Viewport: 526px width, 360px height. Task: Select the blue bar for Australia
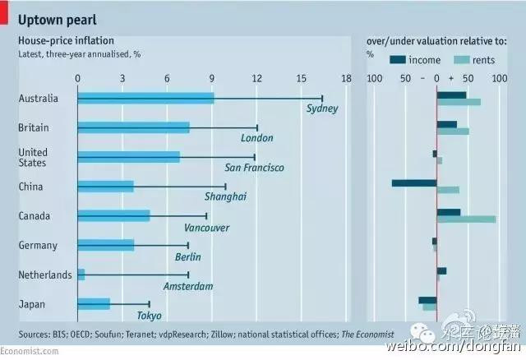point(145,99)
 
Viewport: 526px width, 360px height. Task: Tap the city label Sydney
point(321,108)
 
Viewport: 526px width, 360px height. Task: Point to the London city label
point(256,138)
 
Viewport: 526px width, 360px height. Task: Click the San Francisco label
point(254,168)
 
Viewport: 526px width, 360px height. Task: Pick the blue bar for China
point(105,187)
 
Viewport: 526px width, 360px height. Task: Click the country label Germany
point(38,246)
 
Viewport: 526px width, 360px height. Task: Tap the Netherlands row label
point(45,275)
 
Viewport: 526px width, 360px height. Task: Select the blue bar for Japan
point(93,304)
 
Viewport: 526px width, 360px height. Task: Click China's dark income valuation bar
point(413,182)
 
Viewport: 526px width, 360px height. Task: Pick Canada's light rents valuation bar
point(466,219)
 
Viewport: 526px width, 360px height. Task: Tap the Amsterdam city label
point(188,286)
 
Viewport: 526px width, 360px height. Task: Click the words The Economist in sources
point(367,334)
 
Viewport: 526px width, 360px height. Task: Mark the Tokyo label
point(149,316)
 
